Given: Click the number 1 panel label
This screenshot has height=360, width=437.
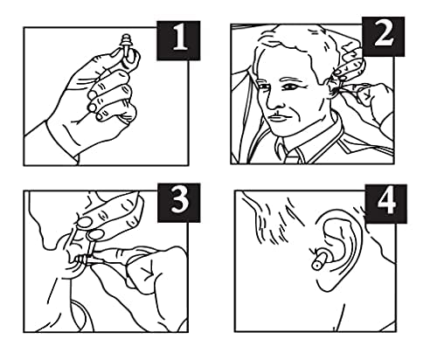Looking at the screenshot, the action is [178, 40].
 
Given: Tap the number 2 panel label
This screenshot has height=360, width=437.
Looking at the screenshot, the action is [383, 37].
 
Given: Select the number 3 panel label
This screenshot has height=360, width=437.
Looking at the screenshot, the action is [179, 203].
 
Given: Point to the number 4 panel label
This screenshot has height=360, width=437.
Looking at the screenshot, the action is [386, 204].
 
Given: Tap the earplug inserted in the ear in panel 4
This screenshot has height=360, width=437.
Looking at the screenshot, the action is [320, 260].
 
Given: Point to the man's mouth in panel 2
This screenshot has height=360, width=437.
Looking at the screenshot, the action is [277, 117].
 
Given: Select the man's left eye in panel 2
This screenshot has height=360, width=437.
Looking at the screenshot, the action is [291, 87].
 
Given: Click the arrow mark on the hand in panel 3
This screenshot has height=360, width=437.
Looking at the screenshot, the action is [148, 270].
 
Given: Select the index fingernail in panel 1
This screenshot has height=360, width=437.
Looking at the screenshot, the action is [115, 53].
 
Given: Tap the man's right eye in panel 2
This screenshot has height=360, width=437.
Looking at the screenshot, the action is [263, 87].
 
